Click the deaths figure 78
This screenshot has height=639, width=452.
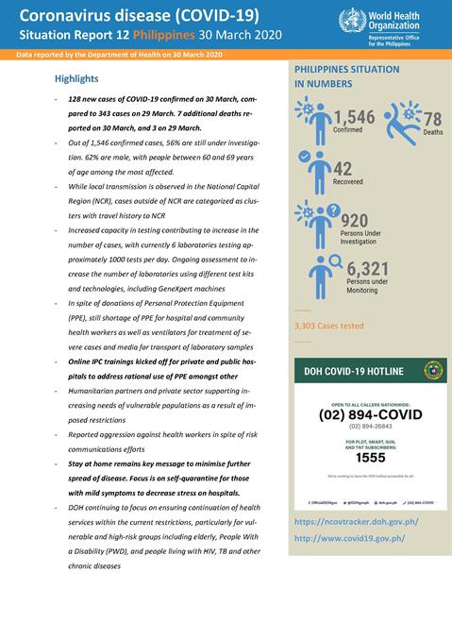[432, 119]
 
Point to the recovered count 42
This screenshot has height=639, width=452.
[343, 169]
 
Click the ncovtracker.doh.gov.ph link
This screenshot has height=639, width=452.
[356, 522]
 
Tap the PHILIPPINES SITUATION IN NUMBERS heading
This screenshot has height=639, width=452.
[346, 76]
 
